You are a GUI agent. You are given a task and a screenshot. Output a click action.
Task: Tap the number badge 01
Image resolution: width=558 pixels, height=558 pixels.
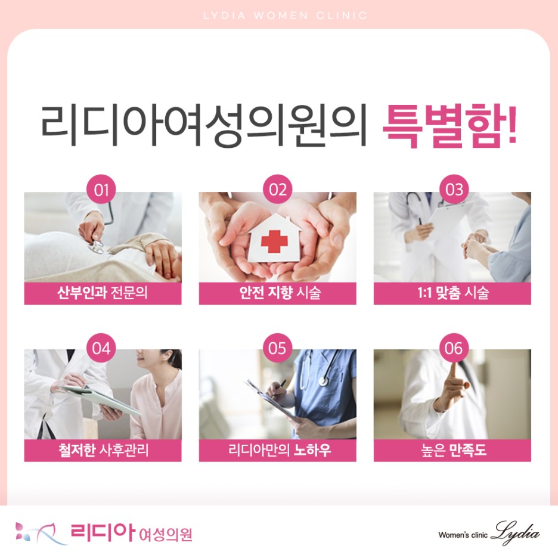[x=101, y=190]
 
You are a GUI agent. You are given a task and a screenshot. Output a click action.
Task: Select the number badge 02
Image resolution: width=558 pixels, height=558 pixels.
[x=278, y=190]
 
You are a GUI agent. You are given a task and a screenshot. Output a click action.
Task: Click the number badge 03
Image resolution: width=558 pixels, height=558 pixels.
[x=454, y=190]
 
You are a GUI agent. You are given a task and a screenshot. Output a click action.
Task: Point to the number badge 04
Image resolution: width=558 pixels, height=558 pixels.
[x=101, y=348]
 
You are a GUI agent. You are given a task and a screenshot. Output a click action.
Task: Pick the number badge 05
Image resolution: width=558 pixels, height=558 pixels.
[x=278, y=348]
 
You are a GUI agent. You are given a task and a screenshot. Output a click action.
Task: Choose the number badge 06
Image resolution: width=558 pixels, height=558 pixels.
[x=454, y=348]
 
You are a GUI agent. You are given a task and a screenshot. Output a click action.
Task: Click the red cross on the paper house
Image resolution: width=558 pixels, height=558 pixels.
[x=274, y=241]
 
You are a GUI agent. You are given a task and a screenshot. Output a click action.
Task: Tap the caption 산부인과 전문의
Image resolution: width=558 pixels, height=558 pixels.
[x=103, y=293]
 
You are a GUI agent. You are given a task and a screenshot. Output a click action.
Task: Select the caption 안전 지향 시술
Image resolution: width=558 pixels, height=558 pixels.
[x=280, y=293]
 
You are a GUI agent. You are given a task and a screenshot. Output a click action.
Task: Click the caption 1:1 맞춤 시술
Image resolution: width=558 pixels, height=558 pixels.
[x=452, y=293]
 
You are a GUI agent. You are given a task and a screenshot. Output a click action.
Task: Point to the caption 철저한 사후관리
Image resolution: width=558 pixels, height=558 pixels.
[x=103, y=450]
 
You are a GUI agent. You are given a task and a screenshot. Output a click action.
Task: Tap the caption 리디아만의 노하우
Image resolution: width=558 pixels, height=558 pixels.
[x=280, y=450]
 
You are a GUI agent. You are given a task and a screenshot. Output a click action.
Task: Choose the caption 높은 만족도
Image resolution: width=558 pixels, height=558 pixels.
[x=453, y=450]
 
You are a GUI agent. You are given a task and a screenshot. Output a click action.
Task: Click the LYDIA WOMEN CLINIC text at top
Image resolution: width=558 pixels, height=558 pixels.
[x=285, y=15]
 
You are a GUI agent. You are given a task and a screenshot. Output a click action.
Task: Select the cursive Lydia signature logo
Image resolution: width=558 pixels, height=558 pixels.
[x=515, y=533]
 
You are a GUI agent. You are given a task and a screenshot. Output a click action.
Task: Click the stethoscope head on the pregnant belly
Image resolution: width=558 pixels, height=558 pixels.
[x=97, y=246]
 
